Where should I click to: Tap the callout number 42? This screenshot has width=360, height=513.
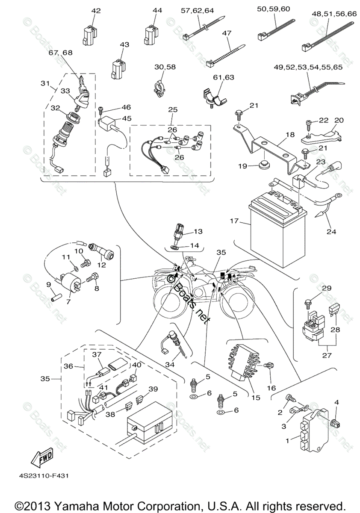click(96, 11)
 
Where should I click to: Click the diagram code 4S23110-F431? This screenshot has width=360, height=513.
click(43, 475)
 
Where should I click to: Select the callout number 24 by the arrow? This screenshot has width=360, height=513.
click(331, 232)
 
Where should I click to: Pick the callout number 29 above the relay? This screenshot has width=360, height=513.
click(327, 288)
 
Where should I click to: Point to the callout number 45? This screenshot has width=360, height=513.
click(114, 118)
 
